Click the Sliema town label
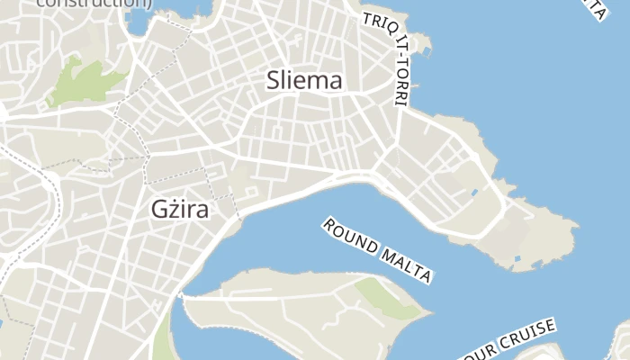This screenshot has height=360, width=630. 304,81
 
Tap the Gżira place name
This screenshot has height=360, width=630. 178,211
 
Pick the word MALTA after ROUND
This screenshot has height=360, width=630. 406,265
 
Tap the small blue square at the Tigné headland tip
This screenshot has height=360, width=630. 516,261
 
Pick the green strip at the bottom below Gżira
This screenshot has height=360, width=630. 161,337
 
